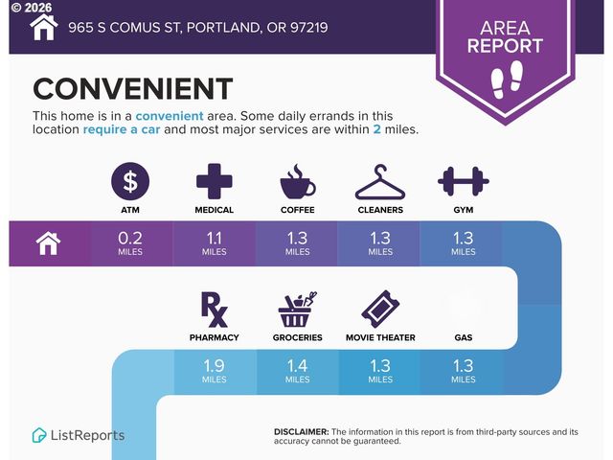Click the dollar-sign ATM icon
coord(131,181)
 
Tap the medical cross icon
coord(215,181)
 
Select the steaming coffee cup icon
coord(297,181)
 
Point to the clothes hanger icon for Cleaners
coord(380,181)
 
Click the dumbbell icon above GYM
coord(463,180)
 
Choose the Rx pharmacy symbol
coord(215,309)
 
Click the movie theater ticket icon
coord(380,309)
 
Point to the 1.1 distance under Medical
coord(215,239)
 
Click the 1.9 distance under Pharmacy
coord(215,366)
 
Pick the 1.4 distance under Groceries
coord(297,366)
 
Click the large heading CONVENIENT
coord(132,89)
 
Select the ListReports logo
coord(79,435)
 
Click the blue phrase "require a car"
coord(124,129)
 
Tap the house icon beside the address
coord(43,27)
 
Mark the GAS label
coord(463,337)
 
